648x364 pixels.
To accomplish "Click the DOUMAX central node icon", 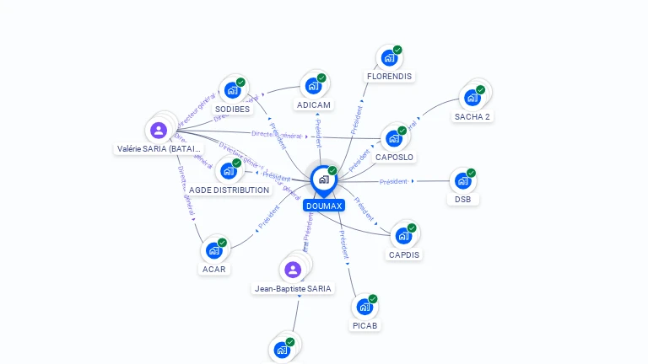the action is pyautogui.click(x=323, y=179).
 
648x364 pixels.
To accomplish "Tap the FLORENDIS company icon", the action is pyautogui.click(x=389, y=58).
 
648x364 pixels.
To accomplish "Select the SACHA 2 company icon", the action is pyautogui.click(x=472, y=98).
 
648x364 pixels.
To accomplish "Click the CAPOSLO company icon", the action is pyautogui.click(x=394, y=139).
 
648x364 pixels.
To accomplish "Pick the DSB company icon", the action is pyautogui.click(x=462, y=180).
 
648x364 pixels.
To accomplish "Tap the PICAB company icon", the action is pyautogui.click(x=364, y=307).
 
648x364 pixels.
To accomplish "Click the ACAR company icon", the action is pyautogui.click(x=213, y=250).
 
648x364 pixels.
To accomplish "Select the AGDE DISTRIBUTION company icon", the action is pyautogui.click(x=228, y=171).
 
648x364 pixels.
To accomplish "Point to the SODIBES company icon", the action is pyautogui.click(x=232, y=90).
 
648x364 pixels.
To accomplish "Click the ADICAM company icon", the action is pyautogui.click(x=313, y=86).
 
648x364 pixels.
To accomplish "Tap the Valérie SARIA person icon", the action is pyautogui.click(x=158, y=131).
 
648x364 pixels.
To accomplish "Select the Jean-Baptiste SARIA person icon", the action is pyautogui.click(x=293, y=270).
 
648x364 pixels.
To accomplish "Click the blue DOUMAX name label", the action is pyautogui.click(x=324, y=206).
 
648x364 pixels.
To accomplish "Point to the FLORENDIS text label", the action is pyautogui.click(x=389, y=76).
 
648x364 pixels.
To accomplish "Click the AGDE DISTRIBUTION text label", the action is pyautogui.click(x=229, y=190).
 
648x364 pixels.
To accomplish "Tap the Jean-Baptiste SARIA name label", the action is pyautogui.click(x=294, y=288).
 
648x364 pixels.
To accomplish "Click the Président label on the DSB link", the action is pyautogui.click(x=393, y=182).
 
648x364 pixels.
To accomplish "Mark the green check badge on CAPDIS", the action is pyautogui.click(x=412, y=227).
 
